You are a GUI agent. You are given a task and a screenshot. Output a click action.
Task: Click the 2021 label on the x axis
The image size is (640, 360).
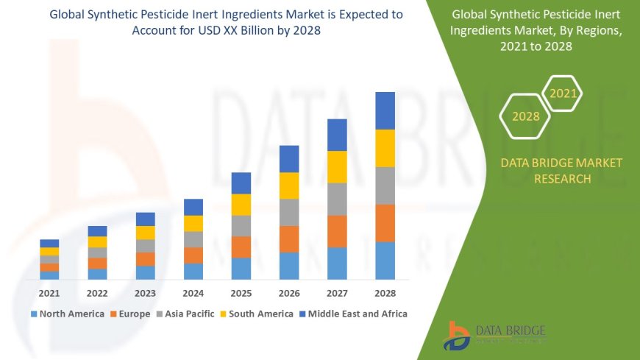pyautogui.click(x=49, y=293)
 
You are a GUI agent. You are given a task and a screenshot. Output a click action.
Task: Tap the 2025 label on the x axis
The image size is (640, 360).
pyautogui.click(x=241, y=293)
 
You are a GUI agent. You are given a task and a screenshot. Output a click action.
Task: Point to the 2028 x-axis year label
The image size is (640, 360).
pyautogui.click(x=385, y=293)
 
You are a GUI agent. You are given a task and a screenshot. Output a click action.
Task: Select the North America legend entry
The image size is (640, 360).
pyautogui.click(x=67, y=314)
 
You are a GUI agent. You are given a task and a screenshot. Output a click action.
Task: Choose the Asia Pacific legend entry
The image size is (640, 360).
pyautogui.click(x=185, y=314)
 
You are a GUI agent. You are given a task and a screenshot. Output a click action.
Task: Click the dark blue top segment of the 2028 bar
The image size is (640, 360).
pyautogui.click(x=385, y=110)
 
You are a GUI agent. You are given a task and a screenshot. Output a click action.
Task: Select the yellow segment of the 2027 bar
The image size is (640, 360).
pyautogui.click(x=337, y=167)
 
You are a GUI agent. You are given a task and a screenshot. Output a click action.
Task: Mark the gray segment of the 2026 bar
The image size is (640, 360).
pyautogui.click(x=289, y=212)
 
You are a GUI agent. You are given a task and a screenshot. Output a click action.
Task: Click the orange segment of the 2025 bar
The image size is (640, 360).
pyautogui.click(x=241, y=247)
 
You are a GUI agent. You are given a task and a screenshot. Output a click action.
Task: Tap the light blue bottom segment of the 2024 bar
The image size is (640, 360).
pyautogui.click(x=193, y=272)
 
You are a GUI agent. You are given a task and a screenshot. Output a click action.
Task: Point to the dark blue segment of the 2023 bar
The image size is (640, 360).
pyautogui.click(x=146, y=219)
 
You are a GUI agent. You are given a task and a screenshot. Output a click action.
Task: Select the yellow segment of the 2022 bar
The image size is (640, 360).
pyautogui.click(x=97, y=241)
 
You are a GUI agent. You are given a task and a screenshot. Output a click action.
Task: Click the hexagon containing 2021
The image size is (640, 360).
pyautogui.click(x=563, y=93)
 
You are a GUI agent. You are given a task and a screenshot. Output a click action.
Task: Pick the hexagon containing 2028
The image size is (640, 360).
pyautogui.click(x=525, y=116)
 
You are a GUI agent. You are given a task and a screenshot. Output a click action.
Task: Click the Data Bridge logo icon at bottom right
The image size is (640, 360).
pyautogui.click(x=457, y=336)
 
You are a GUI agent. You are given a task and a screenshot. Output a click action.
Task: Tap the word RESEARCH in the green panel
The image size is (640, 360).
pyautogui.click(x=561, y=179)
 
